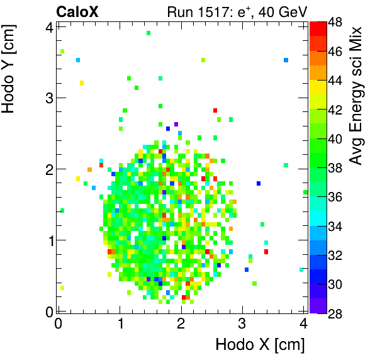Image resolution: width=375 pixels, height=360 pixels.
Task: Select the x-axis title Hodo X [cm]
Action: click(x=260, y=345)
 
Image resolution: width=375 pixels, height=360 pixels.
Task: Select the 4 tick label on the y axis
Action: click(x=48, y=26)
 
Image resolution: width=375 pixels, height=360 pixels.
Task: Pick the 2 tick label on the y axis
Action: click(x=48, y=169)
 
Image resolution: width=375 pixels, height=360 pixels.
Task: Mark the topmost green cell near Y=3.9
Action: click(x=148, y=33)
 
